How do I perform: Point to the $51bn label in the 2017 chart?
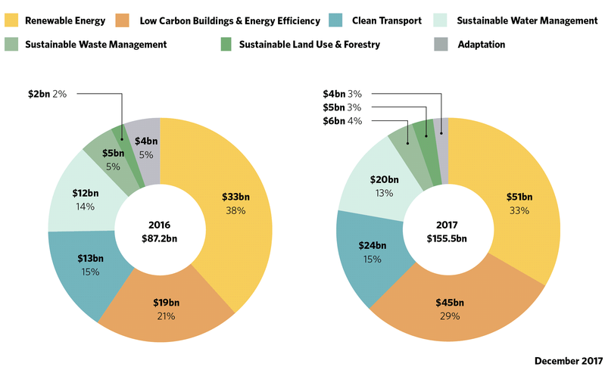[519, 197]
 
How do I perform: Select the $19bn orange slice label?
[161, 303]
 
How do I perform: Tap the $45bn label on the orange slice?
[450, 302]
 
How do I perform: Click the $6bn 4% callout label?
[343, 121]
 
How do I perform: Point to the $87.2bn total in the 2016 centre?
[161, 238]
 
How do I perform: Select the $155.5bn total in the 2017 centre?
[446, 238]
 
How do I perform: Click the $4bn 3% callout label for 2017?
[343, 94]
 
